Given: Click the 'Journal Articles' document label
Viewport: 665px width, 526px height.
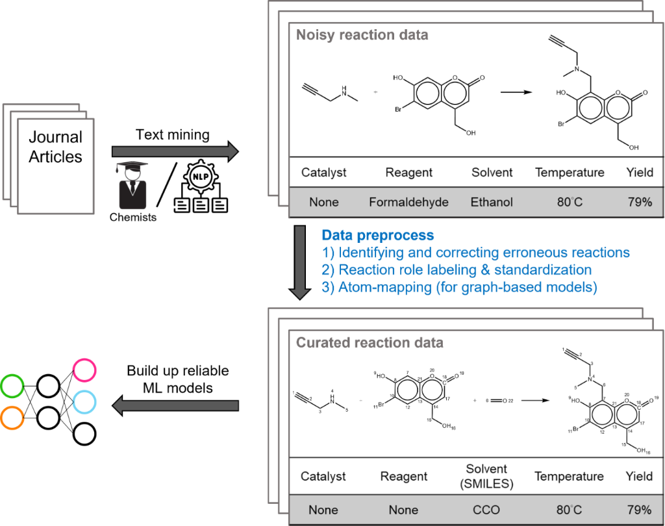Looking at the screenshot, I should [56, 147].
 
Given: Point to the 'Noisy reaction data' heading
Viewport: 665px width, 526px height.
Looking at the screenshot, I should [362, 35].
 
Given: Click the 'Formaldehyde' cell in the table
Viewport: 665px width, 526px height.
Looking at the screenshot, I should [408, 202].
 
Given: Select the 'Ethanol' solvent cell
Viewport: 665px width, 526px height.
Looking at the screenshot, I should [492, 202].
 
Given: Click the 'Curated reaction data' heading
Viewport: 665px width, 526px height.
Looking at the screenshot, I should [370, 342].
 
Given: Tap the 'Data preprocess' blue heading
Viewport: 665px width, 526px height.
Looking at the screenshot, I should [378, 235].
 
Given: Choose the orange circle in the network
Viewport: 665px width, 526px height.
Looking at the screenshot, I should [12, 418].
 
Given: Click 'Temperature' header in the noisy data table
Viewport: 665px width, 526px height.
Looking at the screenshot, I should [570, 172].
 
